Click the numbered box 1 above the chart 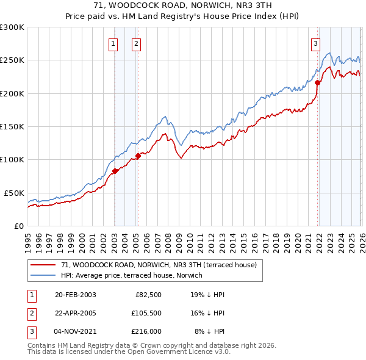coord(114,43)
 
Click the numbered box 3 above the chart coord(315,43)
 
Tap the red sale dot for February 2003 coord(115,171)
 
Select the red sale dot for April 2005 coord(138,156)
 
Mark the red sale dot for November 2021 coord(317,83)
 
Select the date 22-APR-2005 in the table coord(76,313)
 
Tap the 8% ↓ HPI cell coord(209,331)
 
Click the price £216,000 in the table coord(146,331)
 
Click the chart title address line coord(182,5)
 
